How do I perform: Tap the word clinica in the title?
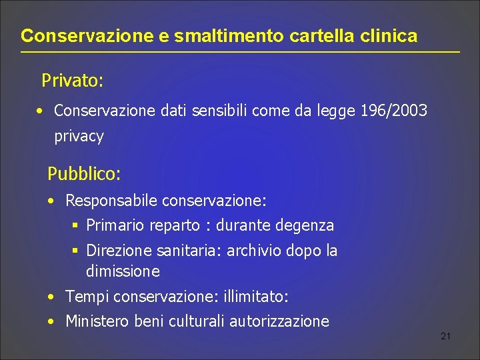[x=389, y=36]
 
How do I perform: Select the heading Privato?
[x=72, y=81]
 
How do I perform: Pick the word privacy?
[x=79, y=137]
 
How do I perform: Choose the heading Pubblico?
[x=84, y=175]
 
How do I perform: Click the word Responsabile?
[x=111, y=200]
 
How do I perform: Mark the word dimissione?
[x=123, y=271]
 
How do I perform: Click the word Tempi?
[x=85, y=296]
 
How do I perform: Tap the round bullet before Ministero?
[x=51, y=321]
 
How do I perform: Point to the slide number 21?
[x=446, y=336]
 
